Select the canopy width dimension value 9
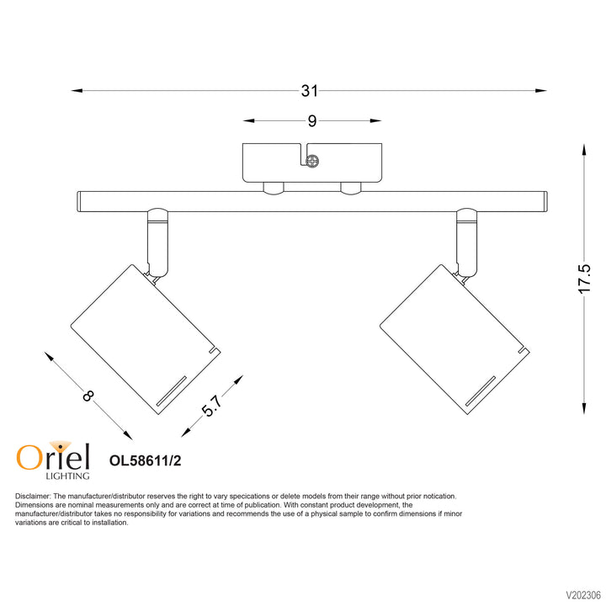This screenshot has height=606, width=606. click(x=311, y=121)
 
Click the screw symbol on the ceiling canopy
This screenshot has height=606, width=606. click(x=313, y=159)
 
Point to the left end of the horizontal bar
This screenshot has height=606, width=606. click(x=79, y=201)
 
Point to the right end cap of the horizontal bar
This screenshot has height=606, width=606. click(x=546, y=201)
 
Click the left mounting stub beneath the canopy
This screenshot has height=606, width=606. click(x=272, y=188)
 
